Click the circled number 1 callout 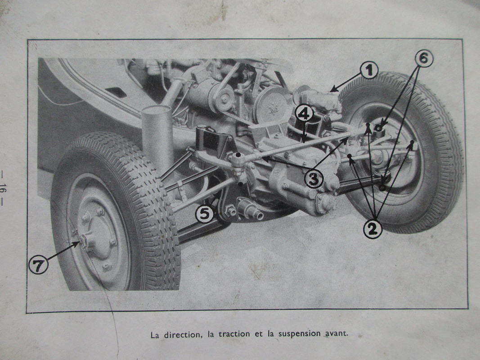pos(369,70)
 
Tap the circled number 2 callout pos(372,229)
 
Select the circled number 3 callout pos(314,179)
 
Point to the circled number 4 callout pos(304,114)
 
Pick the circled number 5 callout pos(205,213)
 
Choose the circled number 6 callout pos(424,58)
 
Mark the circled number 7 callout pos(38,265)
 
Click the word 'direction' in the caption pos(183,334)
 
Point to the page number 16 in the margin pos(3,188)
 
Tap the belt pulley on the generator pos(225,98)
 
